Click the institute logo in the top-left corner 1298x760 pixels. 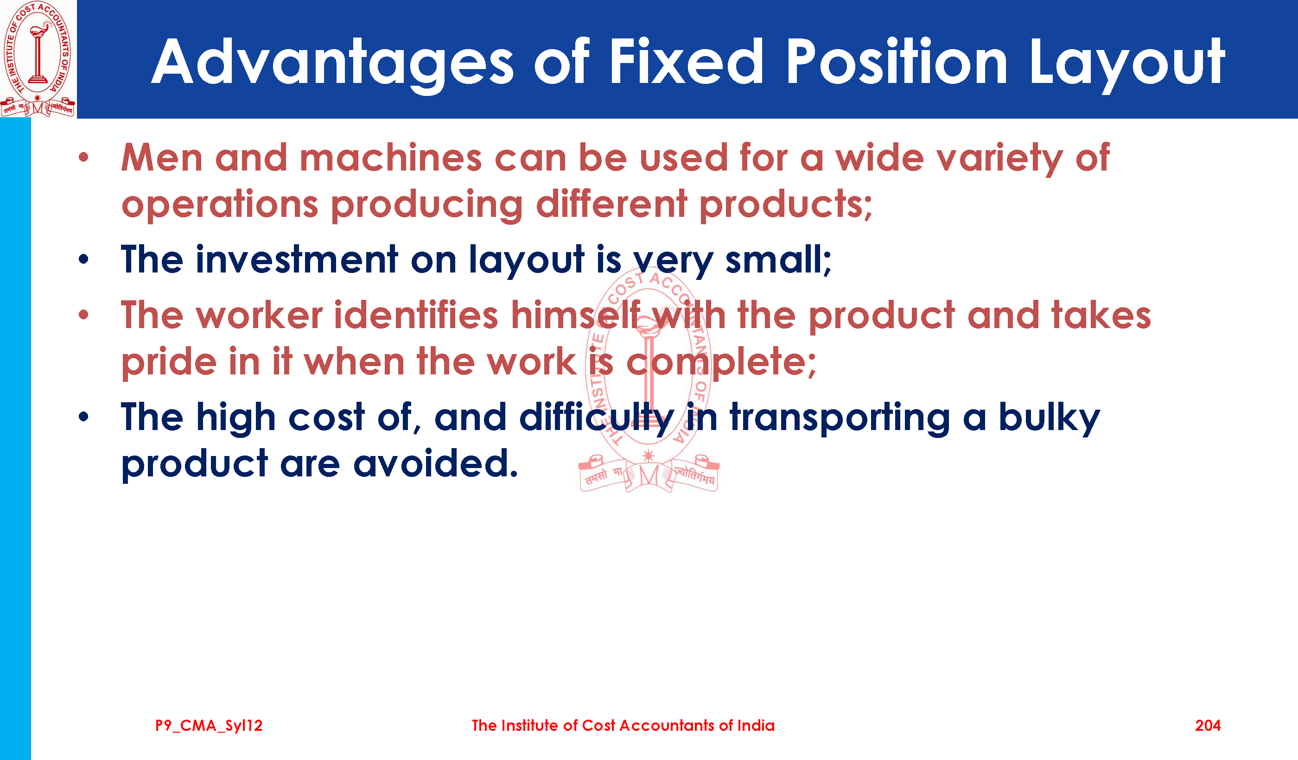[x=38, y=59]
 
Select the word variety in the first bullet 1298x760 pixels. [x=949, y=158]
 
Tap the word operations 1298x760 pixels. [x=220, y=205]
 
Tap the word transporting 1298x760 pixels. [x=840, y=418]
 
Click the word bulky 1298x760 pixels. [x=1049, y=418]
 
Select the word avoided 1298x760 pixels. [x=435, y=463]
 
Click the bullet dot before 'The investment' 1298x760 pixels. [x=84, y=260]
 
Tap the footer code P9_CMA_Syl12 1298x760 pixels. [x=209, y=726]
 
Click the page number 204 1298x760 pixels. [x=1207, y=726]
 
